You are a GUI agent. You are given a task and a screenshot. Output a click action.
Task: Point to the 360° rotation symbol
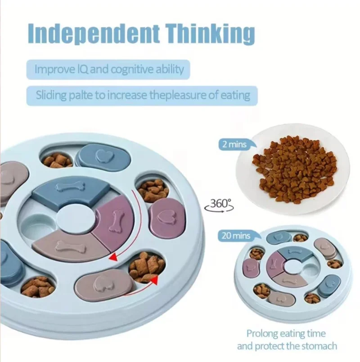coord(218,205)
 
